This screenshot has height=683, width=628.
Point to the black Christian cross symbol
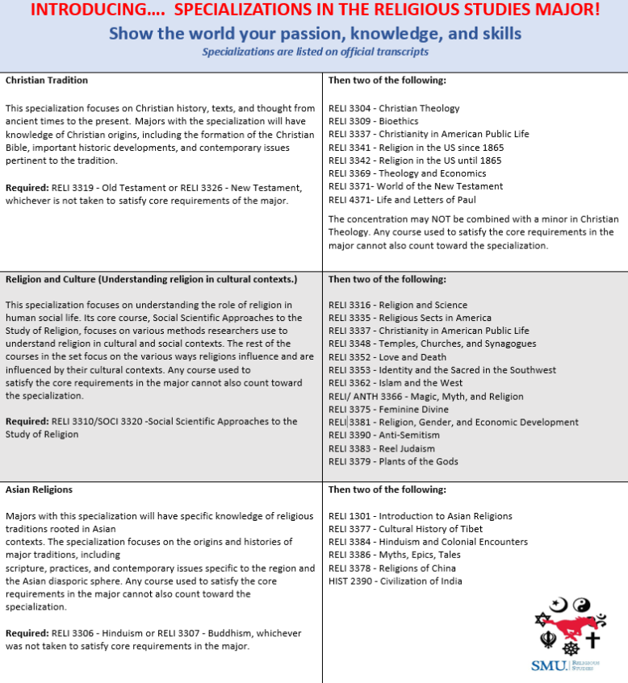(x=593, y=640)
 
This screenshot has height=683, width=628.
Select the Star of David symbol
(x=543, y=619)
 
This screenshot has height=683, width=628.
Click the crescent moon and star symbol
(x=559, y=604)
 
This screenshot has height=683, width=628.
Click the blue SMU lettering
(x=549, y=666)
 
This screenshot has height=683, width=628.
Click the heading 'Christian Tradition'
(x=47, y=81)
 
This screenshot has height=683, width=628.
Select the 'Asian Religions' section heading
(x=39, y=489)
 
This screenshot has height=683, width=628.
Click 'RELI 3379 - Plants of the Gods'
(x=393, y=461)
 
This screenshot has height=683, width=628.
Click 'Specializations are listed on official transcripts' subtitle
(x=315, y=52)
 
